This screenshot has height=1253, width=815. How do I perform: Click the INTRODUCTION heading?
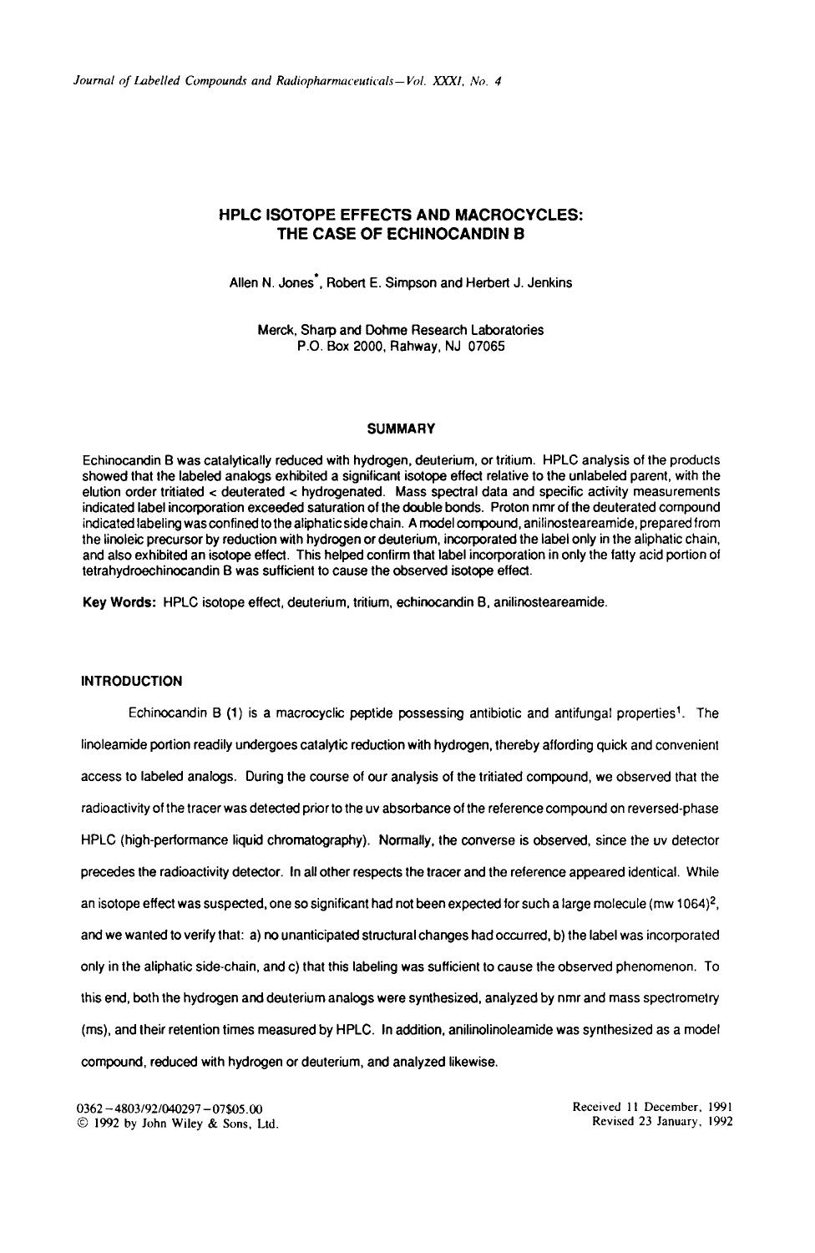131,681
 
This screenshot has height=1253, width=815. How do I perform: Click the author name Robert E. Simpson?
382,283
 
